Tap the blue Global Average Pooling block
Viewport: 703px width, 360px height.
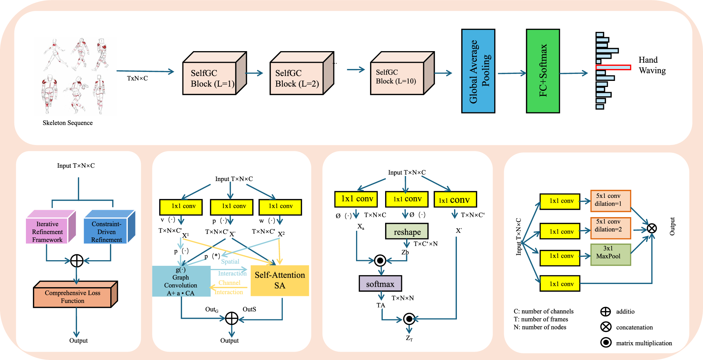478,71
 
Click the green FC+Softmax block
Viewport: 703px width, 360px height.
543,71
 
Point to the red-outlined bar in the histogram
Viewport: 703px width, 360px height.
613,67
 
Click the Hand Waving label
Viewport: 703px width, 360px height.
652,65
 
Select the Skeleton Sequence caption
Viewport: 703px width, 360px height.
68,123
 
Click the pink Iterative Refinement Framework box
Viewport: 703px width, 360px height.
47,231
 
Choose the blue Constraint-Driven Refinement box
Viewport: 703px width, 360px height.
106,231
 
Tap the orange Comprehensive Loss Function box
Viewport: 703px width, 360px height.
72,297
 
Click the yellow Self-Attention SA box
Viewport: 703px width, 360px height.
280,281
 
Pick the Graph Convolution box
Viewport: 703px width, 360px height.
181,281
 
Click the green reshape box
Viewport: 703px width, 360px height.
407,231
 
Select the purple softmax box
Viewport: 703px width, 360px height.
380,284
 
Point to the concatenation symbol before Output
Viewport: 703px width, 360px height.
652,229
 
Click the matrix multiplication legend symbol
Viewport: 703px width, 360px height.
606,342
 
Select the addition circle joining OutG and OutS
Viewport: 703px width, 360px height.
231,318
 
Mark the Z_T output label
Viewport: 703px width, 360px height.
409,338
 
